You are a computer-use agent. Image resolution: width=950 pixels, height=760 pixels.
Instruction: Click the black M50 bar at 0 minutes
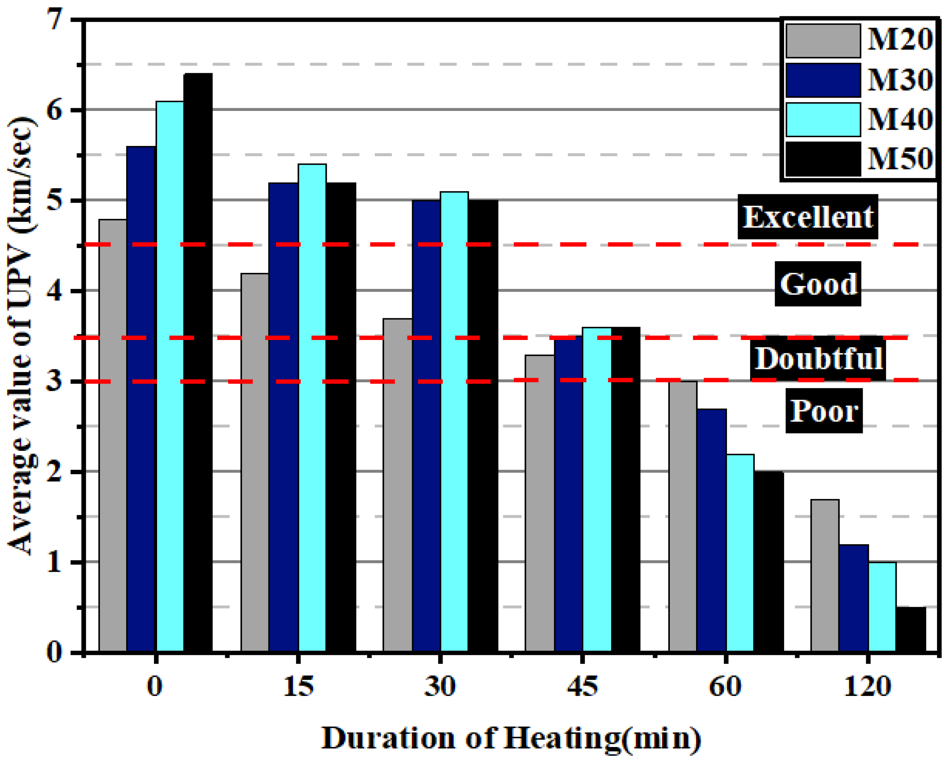coord(198,361)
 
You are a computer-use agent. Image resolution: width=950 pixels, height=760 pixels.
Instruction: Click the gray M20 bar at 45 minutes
coord(539,503)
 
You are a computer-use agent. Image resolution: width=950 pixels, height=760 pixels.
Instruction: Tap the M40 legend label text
coord(900,119)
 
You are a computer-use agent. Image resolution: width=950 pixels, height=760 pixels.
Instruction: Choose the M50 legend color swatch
coord(823,159)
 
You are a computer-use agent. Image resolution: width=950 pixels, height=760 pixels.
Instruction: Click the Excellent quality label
coord(807,217)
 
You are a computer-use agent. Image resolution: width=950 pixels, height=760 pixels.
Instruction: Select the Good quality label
coord(818,284)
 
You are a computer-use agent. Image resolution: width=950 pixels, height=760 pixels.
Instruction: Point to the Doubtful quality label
coord(818,358)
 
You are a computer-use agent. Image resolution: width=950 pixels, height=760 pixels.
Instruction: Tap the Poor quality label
coord(823,410)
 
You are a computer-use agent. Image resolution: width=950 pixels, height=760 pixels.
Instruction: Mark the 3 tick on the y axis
coord(55,381)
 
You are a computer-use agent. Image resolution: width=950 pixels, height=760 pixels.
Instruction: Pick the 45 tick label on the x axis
coord(583,686)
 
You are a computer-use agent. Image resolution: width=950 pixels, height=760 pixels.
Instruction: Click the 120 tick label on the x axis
coord(867,686)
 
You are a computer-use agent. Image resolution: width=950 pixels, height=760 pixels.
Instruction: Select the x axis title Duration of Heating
coord(511,738)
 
